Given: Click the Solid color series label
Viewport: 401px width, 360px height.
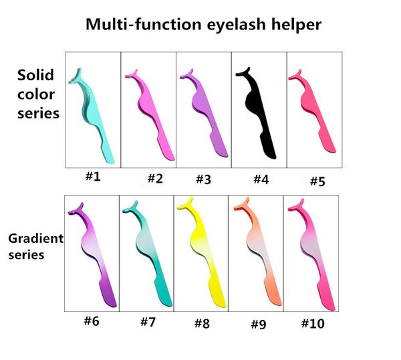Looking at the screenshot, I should [37, 94].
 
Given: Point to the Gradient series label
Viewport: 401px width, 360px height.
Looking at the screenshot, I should [35, 246].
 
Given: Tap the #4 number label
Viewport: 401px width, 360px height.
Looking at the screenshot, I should [259, 179].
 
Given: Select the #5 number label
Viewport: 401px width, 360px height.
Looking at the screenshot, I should [316, 181].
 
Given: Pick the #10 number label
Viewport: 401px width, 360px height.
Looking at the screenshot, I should [312, 323].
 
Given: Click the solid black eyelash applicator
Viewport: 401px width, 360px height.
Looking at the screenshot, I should [257, 110].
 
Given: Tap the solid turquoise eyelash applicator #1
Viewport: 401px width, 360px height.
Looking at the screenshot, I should [94, 114].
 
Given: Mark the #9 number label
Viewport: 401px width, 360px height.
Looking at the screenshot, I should [259, 325].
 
